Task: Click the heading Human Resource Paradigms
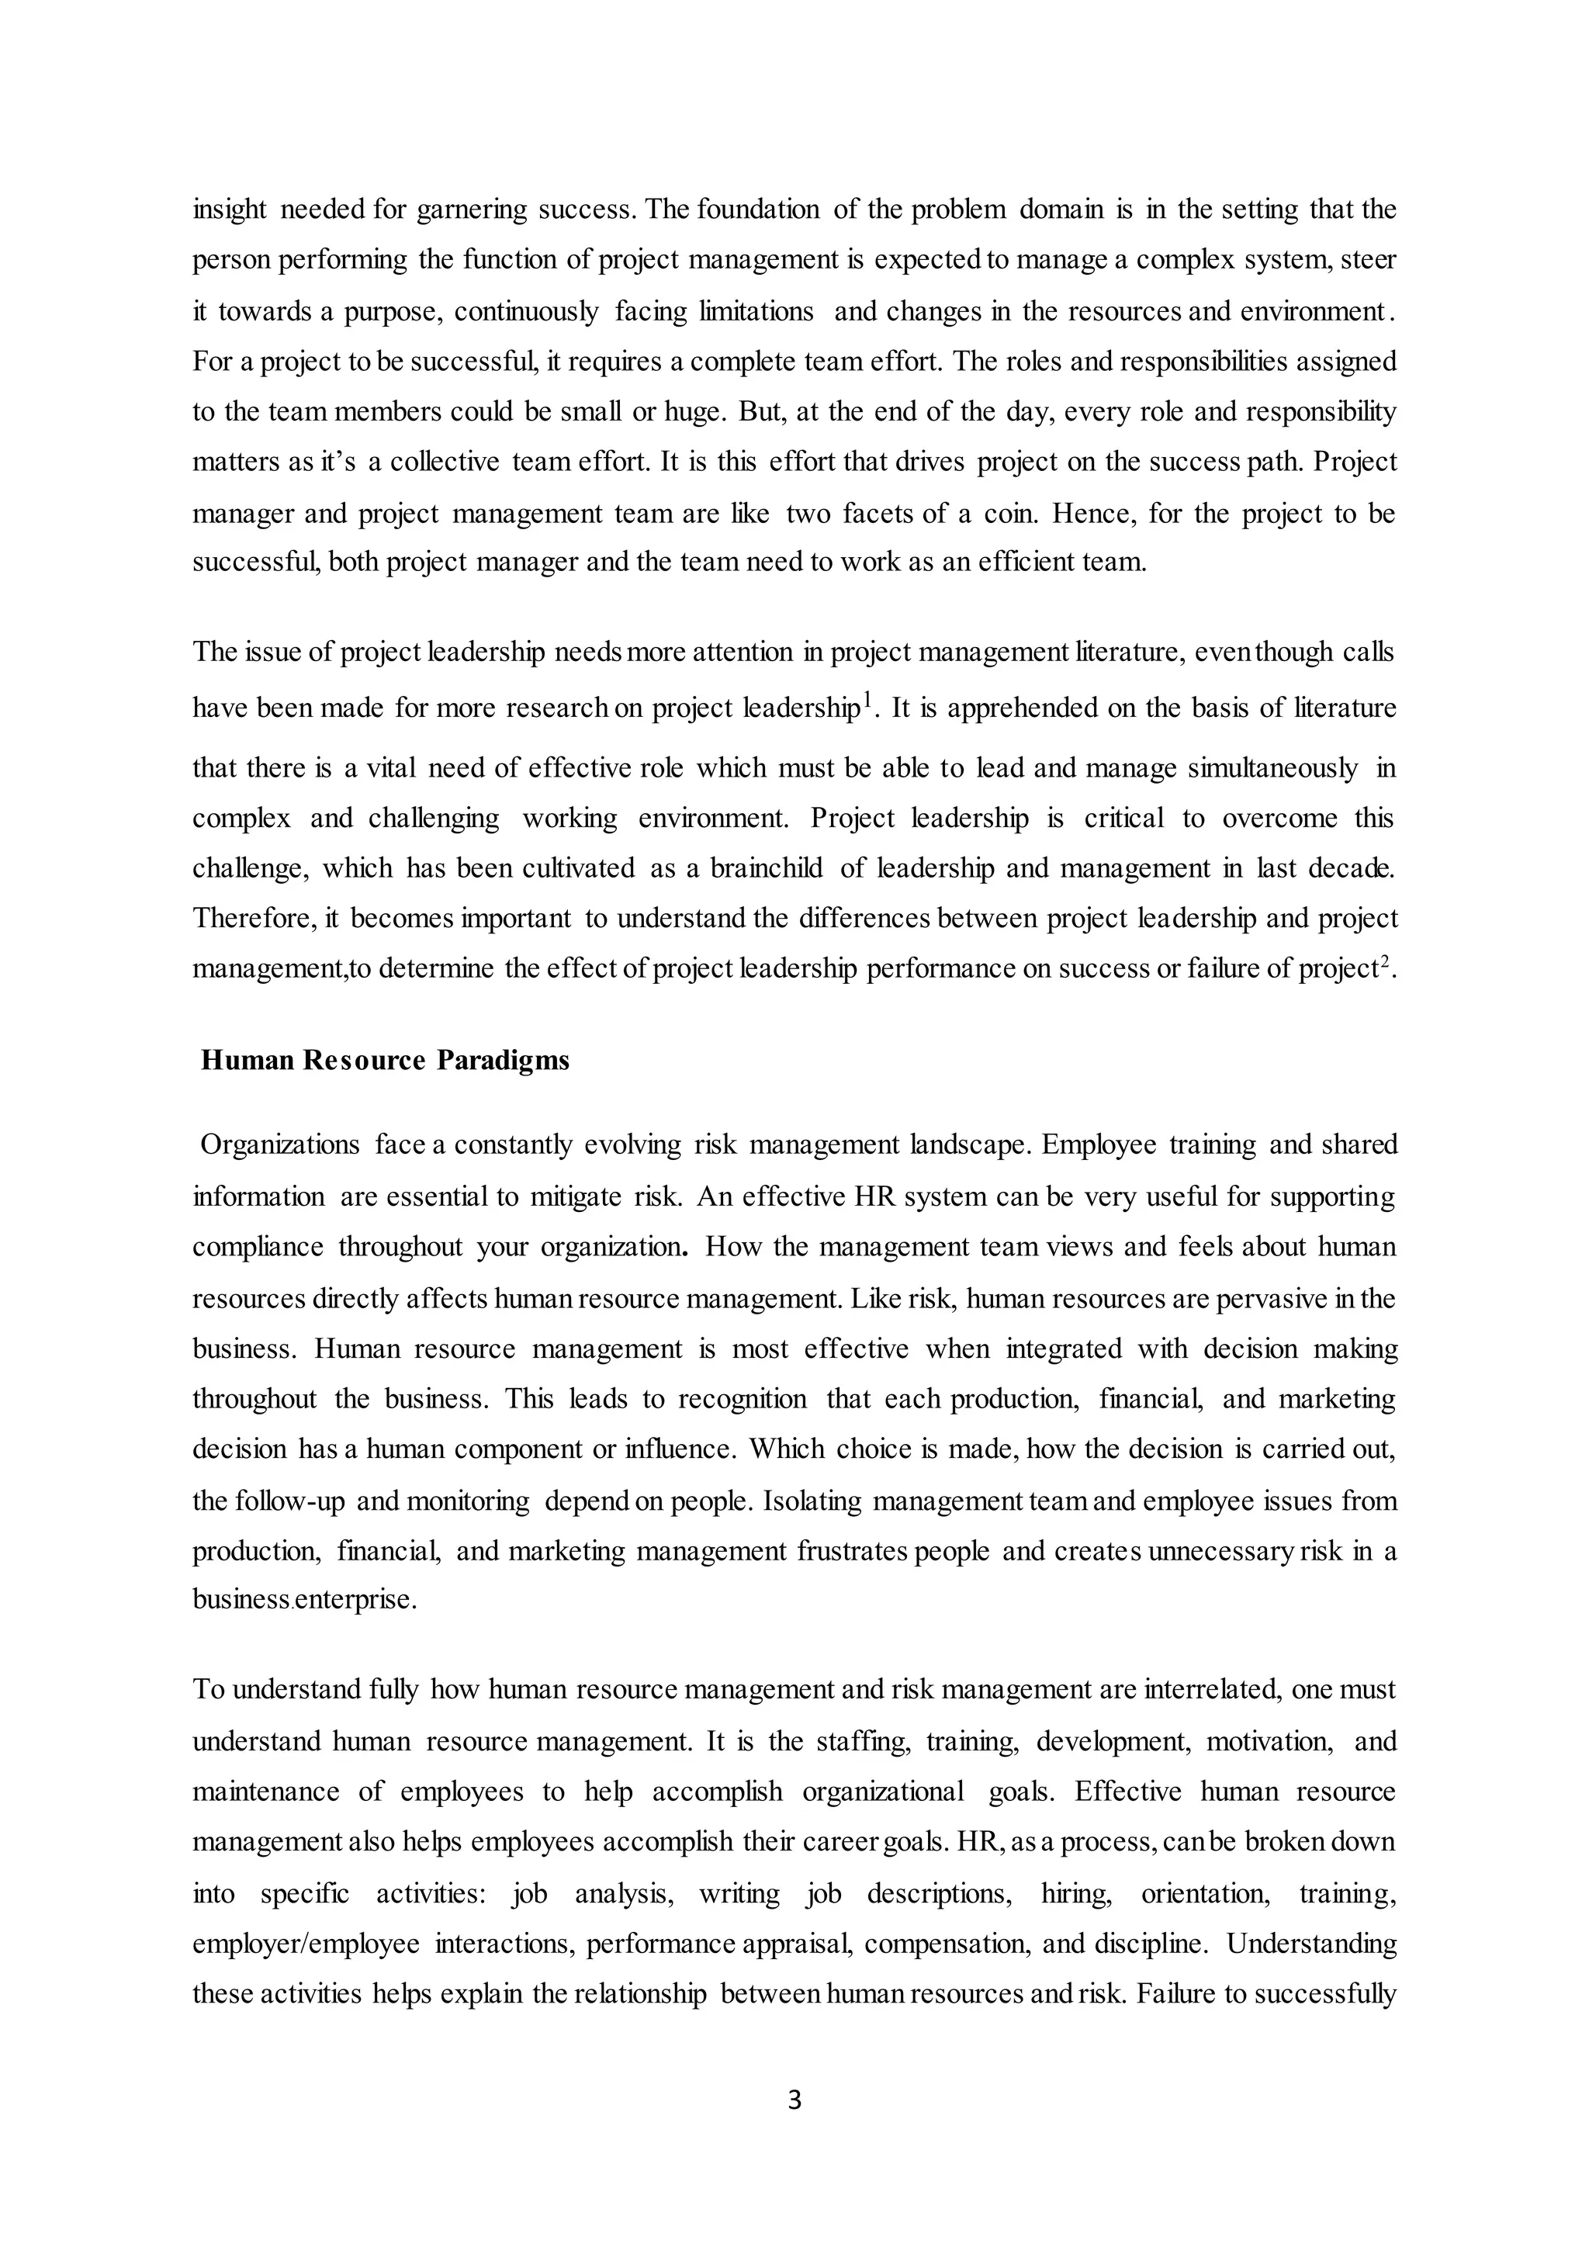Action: click(385, 1061)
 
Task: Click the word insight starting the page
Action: click(229, 209)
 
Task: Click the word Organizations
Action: click(280, 1145)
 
